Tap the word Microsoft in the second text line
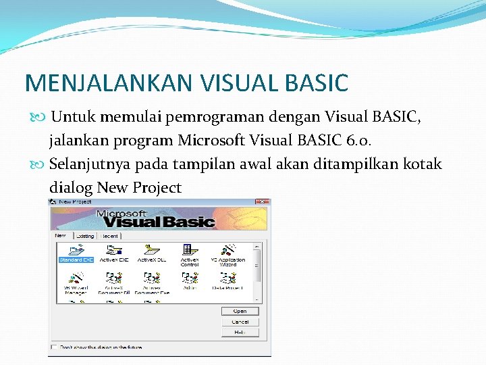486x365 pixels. tap(209, 141)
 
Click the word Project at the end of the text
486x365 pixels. tap(157, 188)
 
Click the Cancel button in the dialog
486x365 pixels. tap(240, 322)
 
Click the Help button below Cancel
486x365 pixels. tap(240, 332)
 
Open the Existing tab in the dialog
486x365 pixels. tap(84, 236)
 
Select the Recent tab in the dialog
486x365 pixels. tap(109, 236)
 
